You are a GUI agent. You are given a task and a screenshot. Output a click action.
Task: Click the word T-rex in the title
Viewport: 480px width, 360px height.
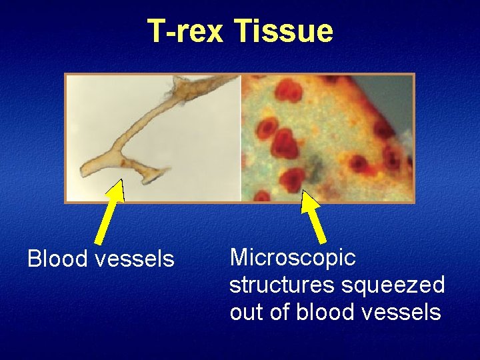coord(186,31)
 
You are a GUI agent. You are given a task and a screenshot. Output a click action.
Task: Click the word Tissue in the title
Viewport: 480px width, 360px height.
coord(284,31)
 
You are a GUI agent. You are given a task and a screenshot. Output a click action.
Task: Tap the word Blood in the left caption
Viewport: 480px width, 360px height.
coord(56,259)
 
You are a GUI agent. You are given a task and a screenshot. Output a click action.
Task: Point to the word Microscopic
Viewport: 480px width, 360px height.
coord(293,257)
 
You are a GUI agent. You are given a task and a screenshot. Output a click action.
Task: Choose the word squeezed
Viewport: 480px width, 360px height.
coord(393,285)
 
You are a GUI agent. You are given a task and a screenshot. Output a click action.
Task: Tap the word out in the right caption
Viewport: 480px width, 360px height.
coord(246,311)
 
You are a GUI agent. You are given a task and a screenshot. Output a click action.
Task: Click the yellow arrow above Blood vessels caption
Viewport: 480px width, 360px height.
coord(109,212)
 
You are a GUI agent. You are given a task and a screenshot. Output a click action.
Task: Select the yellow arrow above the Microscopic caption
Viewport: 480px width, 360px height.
coord(313,215)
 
